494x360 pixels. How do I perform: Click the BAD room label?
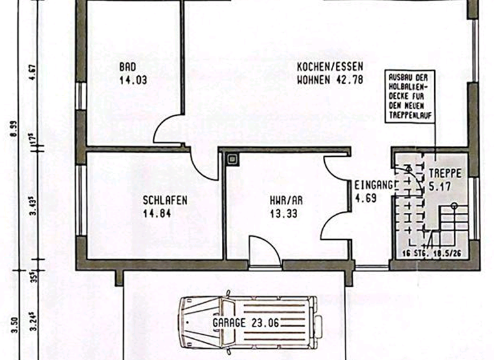(127, 67)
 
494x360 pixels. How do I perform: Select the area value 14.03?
(133, 80)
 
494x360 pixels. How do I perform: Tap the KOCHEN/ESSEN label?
(330, 67)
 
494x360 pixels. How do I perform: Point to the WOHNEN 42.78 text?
(330, 80)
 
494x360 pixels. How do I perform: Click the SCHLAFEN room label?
(165, 200)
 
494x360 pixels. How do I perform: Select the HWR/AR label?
(286, 200)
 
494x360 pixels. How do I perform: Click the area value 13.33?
(284, 214)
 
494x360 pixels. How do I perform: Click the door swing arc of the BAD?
(166, 130)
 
